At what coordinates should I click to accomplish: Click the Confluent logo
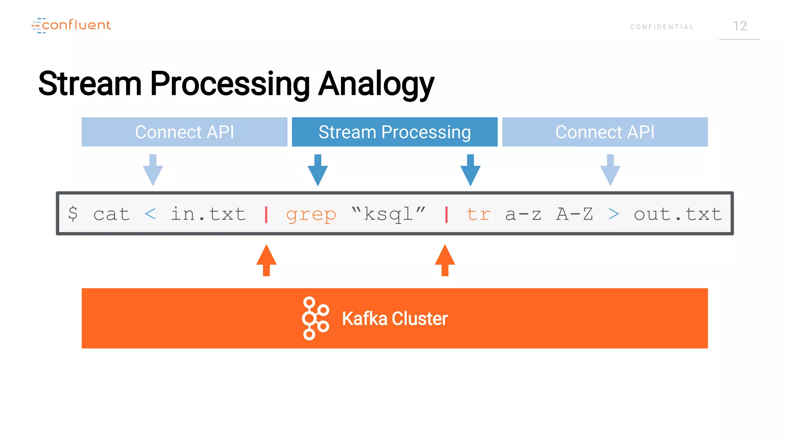(x=71, y=25)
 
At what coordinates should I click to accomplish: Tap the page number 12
(x=740, y=26)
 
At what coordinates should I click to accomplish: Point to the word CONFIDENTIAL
(x=662, y=27)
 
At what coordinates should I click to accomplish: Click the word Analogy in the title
(x=376, y=84)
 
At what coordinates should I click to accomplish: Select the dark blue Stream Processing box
(x=394, y=132)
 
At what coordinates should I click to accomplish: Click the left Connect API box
(x=184, y=132)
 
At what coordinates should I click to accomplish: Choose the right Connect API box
(x=605, y=132)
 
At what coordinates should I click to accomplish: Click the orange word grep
(x=311, y=214)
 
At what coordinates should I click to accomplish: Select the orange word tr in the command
(x=478, y=214)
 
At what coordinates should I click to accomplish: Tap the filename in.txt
(x=208, y=214)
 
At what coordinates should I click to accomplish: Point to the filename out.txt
(x=678, y=214)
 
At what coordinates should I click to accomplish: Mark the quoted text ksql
(x=388, y=214)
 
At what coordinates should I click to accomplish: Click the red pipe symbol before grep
(x=266, y=214)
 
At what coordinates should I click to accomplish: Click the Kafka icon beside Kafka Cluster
(x=315, y=318)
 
